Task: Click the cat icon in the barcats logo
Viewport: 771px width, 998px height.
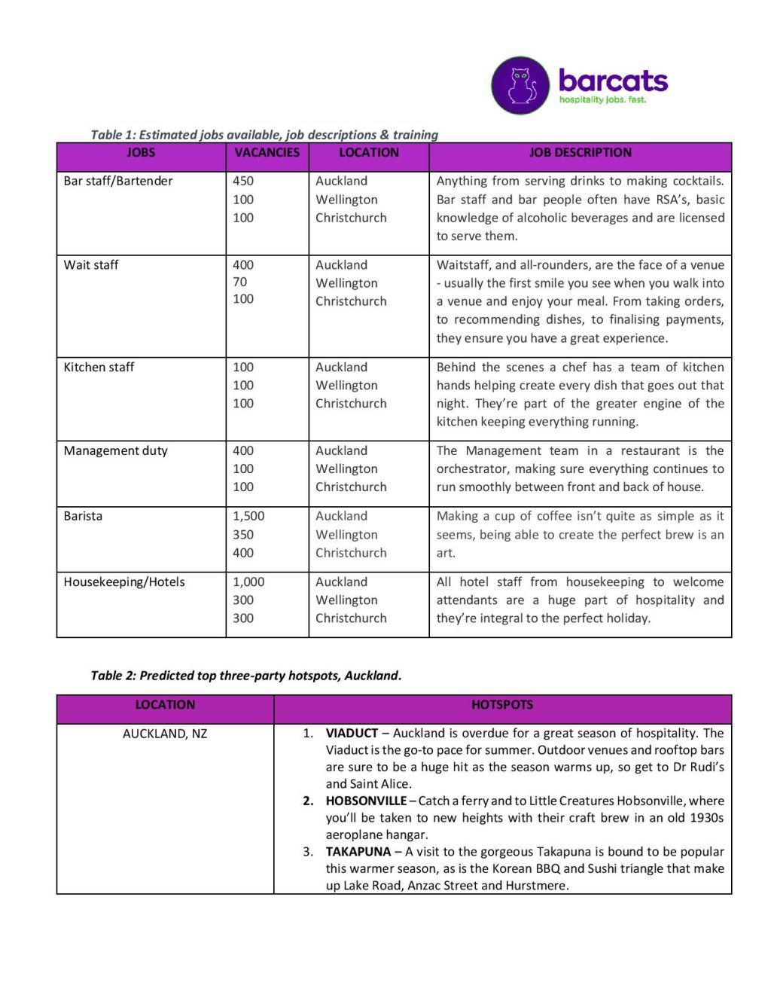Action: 520,85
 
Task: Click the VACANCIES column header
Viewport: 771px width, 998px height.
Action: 267,153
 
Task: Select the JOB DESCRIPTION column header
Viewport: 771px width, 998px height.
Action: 580,153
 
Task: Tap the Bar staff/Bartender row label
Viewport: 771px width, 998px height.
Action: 118,182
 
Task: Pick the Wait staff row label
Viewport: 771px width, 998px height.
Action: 91,265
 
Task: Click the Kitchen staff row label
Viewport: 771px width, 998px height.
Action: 99,368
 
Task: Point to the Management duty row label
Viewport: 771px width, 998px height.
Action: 116,451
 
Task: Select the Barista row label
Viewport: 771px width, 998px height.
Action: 83,517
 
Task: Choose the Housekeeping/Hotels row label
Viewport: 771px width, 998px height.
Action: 124,582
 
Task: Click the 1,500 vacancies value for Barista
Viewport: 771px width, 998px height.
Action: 248,517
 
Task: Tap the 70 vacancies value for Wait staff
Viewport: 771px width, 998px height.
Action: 239,282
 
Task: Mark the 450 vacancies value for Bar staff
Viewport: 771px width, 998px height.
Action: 243,182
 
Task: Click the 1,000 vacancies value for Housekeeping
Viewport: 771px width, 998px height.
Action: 248,582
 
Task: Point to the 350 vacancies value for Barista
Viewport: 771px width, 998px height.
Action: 243,535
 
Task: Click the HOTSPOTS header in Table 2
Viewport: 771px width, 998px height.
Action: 502,705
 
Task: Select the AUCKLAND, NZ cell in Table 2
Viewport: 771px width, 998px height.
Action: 165,734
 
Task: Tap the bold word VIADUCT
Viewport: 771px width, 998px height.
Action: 352,734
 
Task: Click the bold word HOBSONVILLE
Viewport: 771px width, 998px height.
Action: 366,801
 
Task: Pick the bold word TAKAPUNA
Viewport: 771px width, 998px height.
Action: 358,852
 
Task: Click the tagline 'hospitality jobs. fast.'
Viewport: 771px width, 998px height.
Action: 602,100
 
